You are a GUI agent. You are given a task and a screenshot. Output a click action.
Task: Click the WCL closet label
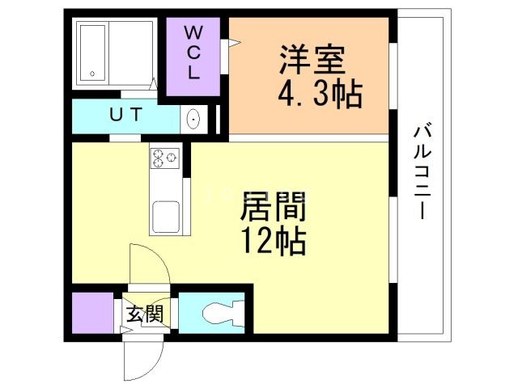(x=193, y=53)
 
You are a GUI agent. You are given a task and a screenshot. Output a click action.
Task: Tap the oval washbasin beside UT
(x=194, y=120)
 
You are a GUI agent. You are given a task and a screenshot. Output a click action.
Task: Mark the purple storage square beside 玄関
(x=91, y=311)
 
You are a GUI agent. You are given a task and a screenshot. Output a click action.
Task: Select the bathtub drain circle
(x=93, y=74)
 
